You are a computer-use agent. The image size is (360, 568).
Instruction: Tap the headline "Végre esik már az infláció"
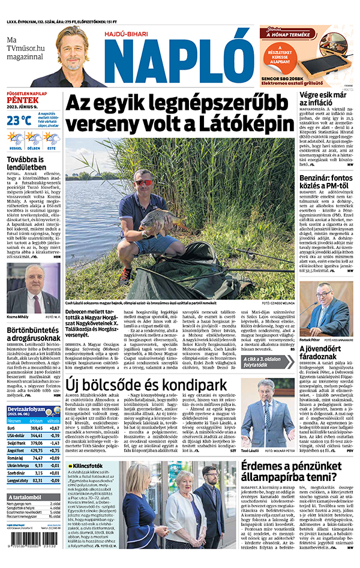click(x=326, y=100)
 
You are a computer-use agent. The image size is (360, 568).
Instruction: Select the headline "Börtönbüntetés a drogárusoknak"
click(x=34, y=334)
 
